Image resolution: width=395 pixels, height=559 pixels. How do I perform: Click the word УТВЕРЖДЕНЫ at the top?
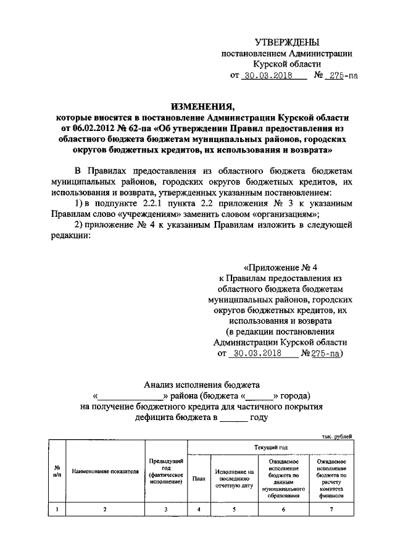[x=287, y=43]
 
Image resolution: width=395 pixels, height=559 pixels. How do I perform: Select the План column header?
[x=199, y=478]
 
